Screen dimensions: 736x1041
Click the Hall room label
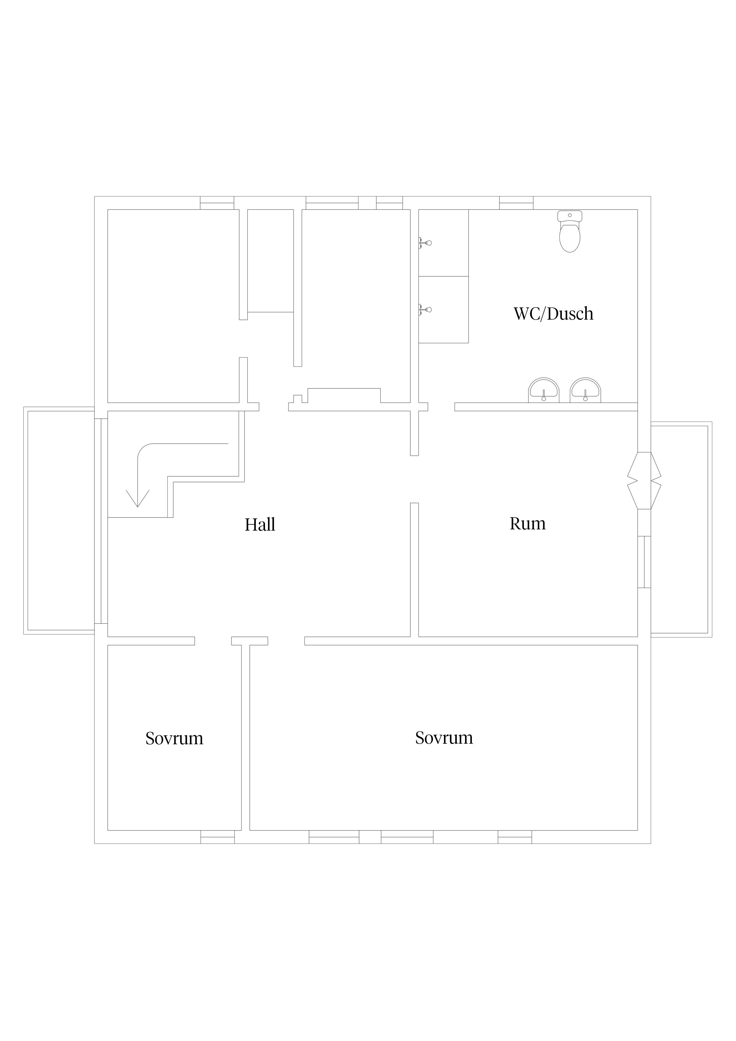coord(260,525)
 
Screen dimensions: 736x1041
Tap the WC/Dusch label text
coord(553,314)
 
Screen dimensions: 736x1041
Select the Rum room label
coord(527,524)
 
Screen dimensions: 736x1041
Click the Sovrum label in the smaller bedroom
coord(174,739)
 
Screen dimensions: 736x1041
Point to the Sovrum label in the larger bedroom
coord(444,738)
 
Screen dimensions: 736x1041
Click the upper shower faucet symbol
coord(425,243)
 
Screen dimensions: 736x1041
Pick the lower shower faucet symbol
coord(425,310)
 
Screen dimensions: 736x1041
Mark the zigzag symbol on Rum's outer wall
coord(644,481)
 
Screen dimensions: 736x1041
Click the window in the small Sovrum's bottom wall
coord(218,837)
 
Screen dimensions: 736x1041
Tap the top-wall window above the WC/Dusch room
coord(516,203)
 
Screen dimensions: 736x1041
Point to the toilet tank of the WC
coord(570,216)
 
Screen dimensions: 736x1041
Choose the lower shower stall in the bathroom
coord(443,310)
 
